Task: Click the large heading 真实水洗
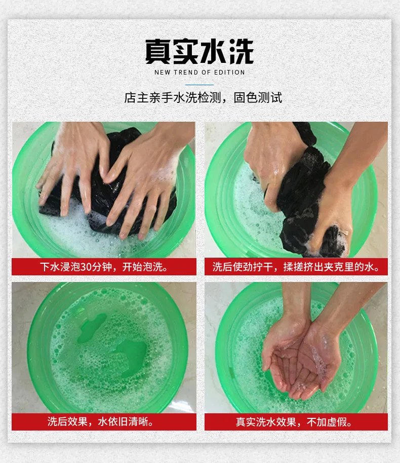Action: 199,51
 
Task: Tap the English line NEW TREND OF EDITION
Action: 199,73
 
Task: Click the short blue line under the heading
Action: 199,85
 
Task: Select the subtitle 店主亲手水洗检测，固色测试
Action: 203,98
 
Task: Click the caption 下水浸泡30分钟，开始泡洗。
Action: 104,267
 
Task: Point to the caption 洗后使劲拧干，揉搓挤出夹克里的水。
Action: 296,267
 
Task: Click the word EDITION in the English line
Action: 229,73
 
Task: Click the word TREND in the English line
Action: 186,73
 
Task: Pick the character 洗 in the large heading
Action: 242,51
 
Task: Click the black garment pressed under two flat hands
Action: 109,183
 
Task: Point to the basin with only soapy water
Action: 107,347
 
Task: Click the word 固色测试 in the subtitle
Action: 258,98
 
